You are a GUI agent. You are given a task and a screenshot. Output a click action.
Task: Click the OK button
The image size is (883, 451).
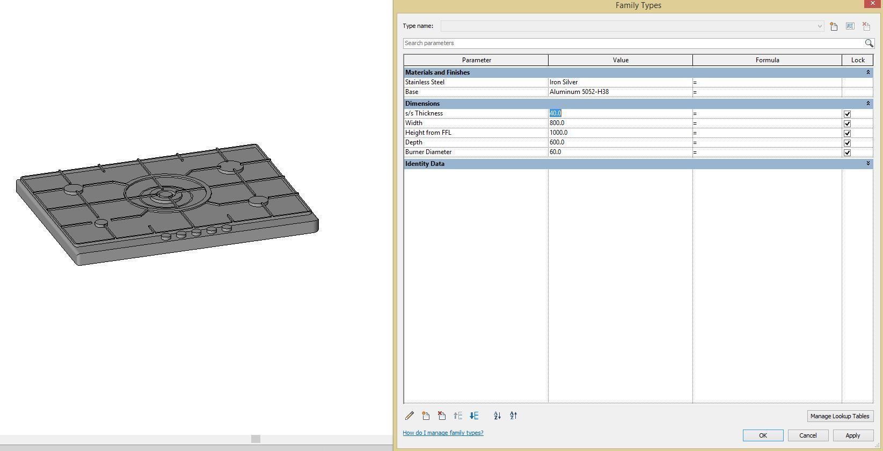(x=763, y=435)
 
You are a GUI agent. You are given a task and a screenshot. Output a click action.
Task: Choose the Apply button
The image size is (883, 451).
(x=852, y=435)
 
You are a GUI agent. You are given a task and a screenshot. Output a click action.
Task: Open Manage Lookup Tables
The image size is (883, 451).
(x=840, y=416)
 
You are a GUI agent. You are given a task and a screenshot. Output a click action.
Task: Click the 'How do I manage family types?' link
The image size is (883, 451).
(x=443, y=433)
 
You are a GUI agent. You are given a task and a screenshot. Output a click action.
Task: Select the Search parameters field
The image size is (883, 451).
(x=633, y=43)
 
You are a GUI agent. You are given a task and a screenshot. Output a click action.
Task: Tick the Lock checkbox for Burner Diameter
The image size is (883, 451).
(x=847, y=152)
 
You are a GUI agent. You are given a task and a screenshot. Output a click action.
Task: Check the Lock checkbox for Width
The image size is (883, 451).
(x=847, y=123)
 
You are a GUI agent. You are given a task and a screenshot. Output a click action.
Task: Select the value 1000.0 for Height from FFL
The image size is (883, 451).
(x=558, y=133)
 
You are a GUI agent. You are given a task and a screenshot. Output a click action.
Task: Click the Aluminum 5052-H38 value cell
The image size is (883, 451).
(x=579, y=92)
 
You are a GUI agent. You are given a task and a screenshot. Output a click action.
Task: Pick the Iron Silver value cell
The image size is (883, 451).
(x=564, y=82)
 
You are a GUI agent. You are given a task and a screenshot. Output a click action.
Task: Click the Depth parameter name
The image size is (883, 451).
(x=414, y=142)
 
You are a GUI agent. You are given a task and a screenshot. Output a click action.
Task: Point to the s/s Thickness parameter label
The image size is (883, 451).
(x=424, y=113)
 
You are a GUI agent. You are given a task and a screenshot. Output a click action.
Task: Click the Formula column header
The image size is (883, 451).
(x=767, y=60)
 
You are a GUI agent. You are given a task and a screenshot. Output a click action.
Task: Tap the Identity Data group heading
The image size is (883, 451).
(x=425, y=164)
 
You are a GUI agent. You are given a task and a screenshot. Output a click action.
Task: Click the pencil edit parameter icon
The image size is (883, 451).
(x=409, y=416)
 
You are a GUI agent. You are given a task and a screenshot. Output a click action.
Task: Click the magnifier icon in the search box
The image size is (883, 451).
(x=869, y=43)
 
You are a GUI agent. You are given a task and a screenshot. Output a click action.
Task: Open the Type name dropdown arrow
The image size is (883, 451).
(x=820, y=26)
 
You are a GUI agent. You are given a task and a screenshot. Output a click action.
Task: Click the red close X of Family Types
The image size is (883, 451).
(x=872, y=3)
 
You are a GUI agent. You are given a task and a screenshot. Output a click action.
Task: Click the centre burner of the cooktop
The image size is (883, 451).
(x=166, y=194)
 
